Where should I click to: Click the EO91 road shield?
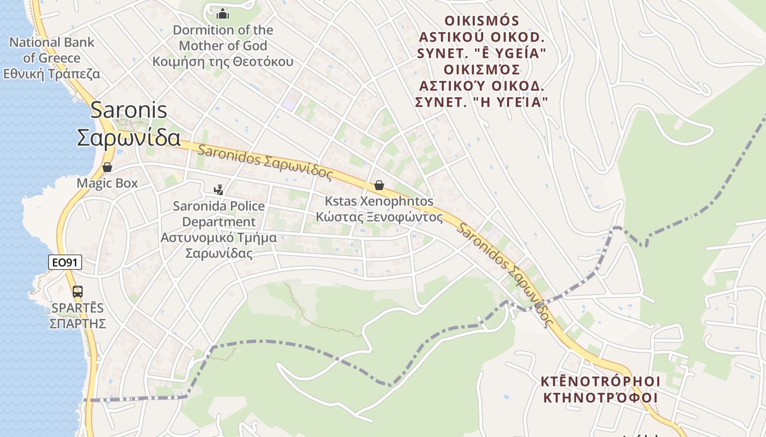65,263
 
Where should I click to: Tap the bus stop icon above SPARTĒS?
78,291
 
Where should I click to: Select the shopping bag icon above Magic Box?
107,167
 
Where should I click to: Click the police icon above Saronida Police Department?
219,190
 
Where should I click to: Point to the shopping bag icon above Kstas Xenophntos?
379,186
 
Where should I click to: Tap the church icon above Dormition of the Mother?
223,14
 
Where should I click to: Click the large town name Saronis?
129,110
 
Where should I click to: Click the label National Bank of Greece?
51,50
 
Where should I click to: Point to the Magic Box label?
107,183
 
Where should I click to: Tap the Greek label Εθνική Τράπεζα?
51,74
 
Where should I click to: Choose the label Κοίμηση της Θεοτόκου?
223,61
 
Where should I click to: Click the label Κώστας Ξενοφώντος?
379,217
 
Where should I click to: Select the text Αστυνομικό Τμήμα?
218,238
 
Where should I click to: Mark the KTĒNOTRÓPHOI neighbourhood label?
600,381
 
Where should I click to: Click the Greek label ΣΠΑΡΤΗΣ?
78,323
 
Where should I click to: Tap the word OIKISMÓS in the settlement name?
481,21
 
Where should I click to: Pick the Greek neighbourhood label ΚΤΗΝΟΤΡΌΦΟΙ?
600,397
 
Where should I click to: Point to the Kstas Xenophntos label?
379,201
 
